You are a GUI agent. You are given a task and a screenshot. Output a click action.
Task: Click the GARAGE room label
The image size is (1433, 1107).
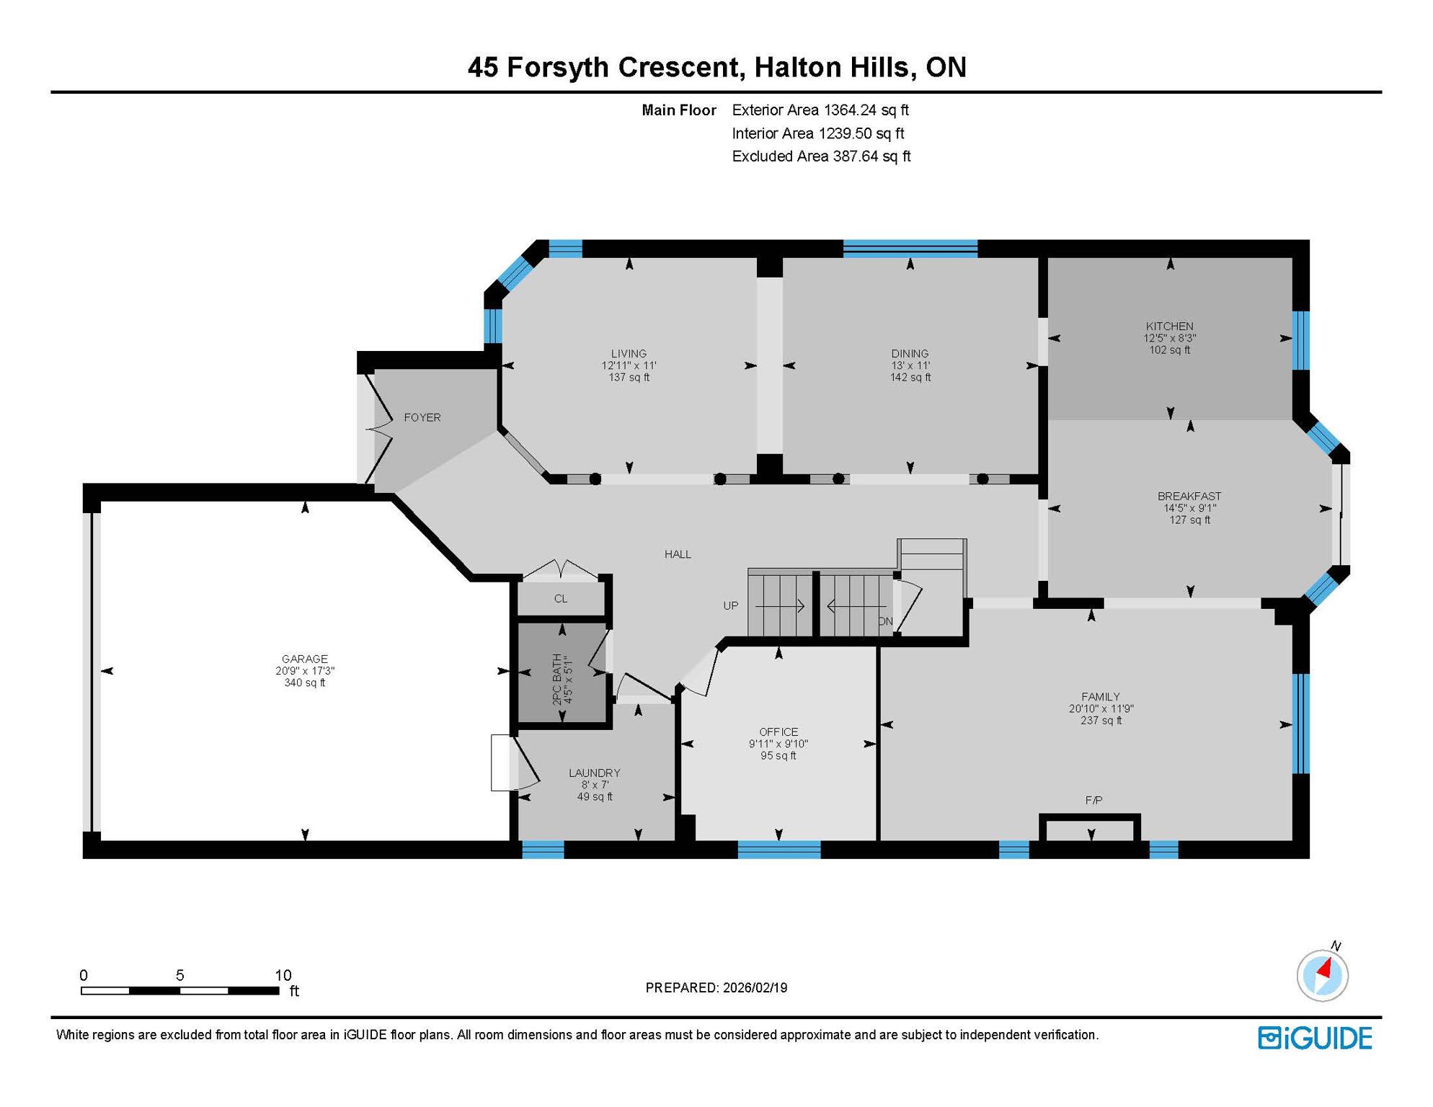click(304, 659)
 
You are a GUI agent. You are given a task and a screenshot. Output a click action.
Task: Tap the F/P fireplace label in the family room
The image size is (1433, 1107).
click(1093, 800)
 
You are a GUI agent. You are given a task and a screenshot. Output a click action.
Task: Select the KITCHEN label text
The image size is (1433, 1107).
click(1169, 326)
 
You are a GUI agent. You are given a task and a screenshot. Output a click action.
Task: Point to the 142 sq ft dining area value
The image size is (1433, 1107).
click(910, 377)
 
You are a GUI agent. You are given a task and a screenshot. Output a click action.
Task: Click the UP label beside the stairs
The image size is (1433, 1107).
click(730, 605)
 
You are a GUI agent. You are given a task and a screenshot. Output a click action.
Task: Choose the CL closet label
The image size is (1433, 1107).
click(561, 599)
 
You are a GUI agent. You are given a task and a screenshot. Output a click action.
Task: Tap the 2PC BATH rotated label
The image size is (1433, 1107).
click(557, 679)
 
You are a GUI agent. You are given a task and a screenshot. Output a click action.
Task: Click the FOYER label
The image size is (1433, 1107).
click(422, 417)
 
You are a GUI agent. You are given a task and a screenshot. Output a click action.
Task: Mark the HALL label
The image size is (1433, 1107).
click(678, 554)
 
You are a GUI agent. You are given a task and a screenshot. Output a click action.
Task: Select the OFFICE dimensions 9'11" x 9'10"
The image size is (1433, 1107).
click(778, 744)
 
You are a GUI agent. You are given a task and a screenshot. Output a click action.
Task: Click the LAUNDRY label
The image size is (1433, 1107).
click(594, 773)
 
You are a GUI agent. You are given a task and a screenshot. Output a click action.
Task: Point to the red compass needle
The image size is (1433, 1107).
click(1325, 968)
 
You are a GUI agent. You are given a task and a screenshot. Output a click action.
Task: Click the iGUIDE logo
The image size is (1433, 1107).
click(1315, 1038)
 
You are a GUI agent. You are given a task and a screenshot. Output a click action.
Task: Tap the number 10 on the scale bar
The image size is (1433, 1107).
click(283, 975)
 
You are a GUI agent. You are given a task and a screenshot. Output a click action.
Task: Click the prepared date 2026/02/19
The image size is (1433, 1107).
click(753, 987)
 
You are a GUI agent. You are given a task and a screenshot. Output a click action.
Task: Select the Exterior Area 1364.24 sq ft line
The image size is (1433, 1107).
click(820, 110)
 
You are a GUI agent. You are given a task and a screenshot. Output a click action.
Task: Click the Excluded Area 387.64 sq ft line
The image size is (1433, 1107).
click(820, 156)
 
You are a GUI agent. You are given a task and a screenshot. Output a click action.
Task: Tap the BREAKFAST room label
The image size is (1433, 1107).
click(1189, 496)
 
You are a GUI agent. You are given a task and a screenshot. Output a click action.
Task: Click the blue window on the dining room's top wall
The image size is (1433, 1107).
click(910, 249)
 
